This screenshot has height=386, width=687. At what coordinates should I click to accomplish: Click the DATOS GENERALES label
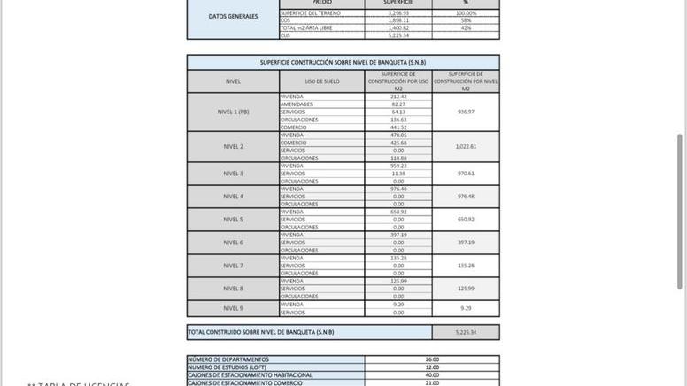(x=233, y=17)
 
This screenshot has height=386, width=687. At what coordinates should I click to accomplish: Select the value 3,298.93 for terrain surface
(x=398, y=13)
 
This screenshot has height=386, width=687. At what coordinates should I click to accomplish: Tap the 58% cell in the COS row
(x=466, y=20)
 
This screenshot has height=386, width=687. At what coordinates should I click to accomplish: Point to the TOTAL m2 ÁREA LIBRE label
(x=307, y=28)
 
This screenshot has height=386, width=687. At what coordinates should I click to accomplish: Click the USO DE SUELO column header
(x=321, y=81)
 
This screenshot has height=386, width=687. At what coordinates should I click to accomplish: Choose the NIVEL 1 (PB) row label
(x=233, y=112)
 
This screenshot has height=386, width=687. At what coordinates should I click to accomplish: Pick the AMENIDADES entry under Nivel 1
(x=297, y=104)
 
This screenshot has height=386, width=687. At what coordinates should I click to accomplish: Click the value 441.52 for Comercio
(x=398, y=127)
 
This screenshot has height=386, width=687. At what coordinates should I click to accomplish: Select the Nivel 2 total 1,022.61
(x=466, y=147)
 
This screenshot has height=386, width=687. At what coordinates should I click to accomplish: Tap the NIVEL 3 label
(x=233, y=174)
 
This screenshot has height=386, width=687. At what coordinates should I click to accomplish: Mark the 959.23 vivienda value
(x=398, y=166)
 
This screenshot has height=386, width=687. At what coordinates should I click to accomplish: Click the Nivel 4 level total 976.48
(x=466, y=197)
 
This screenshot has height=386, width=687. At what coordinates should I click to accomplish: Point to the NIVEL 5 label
(x=233, y=220)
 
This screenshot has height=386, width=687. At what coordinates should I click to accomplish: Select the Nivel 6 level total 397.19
(x=466, y=243)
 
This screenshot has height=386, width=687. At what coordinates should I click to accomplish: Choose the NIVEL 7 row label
(x=233, y=266)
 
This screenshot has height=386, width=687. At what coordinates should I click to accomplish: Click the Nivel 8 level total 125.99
(x=466, y=289)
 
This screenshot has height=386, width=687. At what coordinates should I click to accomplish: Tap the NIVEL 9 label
(x=233, y=308)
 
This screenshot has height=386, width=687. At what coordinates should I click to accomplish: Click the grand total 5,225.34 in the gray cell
(x=466, y=333)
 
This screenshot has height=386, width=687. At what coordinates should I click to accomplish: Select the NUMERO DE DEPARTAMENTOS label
(x=228, y=359)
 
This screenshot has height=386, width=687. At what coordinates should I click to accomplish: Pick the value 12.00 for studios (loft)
(x=432, y=367)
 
